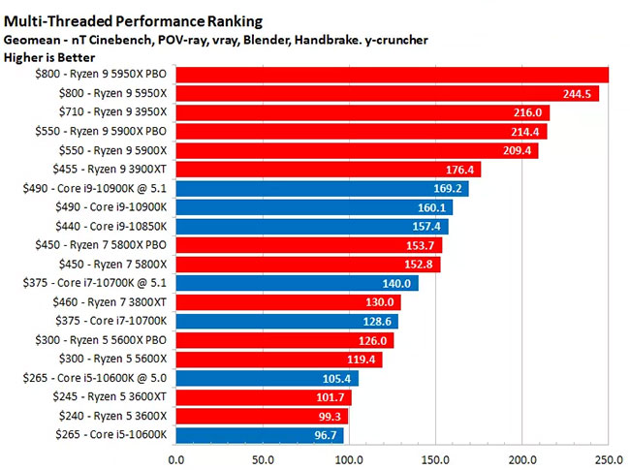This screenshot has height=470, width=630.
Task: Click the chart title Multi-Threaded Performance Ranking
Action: tap(133, 21)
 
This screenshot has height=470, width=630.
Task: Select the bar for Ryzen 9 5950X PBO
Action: tap(393, 75)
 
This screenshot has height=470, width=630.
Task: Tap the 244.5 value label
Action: tap(577, 94)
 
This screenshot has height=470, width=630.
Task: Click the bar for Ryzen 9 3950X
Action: tap(362, 112)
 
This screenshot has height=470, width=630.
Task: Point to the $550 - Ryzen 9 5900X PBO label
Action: tap(101, 132)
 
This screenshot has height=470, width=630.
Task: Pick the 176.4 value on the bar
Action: tap(459, 170)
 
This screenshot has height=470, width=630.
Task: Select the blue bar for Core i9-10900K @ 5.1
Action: tap(322, 188)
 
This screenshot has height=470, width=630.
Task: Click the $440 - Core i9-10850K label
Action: tap(110, 226)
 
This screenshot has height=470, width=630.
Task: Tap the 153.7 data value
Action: tap(420, 245)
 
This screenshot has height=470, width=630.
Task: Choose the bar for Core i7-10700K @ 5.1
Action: tap(297, 283)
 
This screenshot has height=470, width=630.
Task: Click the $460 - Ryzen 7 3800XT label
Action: tap(110, 302)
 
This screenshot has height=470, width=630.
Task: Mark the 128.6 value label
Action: tap(377, 322)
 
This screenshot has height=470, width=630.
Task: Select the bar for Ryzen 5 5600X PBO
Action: tap(285, 341)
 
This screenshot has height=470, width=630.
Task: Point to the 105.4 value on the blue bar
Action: tap(336, 379)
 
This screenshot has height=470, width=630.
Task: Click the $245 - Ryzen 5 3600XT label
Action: tap(110, 397)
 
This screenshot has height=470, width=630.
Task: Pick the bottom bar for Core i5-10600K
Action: tap(260, 435)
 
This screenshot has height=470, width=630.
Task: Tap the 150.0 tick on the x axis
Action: tap(435, 459)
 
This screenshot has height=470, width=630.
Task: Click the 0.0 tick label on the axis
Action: tap(176, 459)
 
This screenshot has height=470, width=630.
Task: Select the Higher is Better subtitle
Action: tap(49, 57)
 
